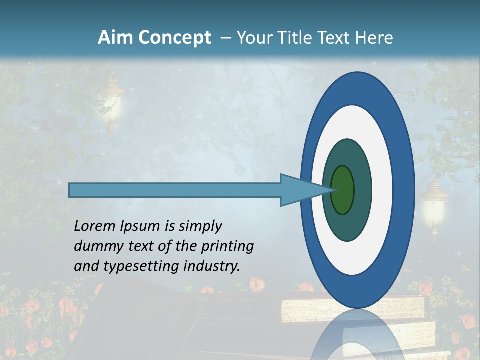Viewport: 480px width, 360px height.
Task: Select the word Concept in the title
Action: (x=174, y=38)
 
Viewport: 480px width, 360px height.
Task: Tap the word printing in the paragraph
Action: (x=227, y=246)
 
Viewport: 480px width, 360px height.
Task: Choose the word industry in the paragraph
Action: (x=212, y=266)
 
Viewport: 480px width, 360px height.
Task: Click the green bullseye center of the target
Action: (x=343, y=190)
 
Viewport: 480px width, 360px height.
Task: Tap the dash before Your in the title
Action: (x=225, y=38)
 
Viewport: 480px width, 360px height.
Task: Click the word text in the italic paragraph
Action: (x=140, y=246)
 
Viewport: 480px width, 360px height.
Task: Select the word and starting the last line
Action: (x=86, y=266)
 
